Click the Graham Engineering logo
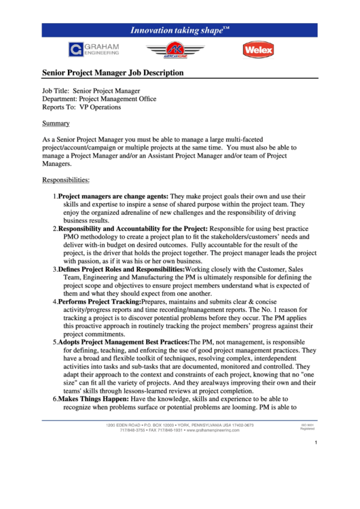(93, 49)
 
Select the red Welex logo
(258, 49)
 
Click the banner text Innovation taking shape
(179, 30)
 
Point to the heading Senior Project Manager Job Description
(113, 72)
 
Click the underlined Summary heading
(56, 124)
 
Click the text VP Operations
(100, 107)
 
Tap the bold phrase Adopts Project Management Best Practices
(124, 342)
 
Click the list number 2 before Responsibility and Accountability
(55, 229)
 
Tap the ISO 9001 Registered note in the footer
(307, 427)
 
